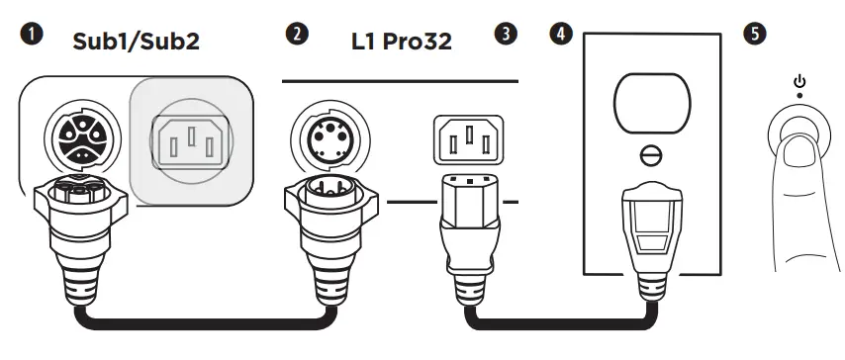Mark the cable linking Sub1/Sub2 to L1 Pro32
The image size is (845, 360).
point(198,321)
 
